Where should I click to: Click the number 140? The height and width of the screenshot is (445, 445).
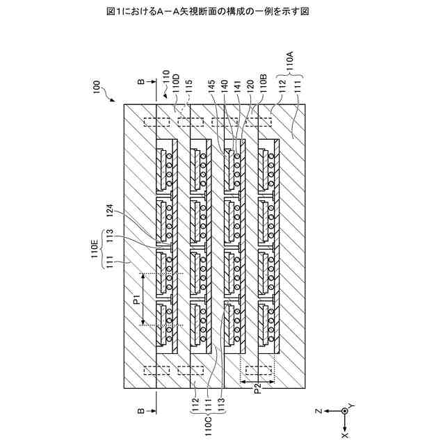tap(223, 86)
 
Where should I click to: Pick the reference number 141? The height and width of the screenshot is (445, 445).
tap(236, 86)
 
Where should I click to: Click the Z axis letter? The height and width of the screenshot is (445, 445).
tap(316, 411)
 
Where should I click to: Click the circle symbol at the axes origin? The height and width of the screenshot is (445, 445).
tap(343, 411)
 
